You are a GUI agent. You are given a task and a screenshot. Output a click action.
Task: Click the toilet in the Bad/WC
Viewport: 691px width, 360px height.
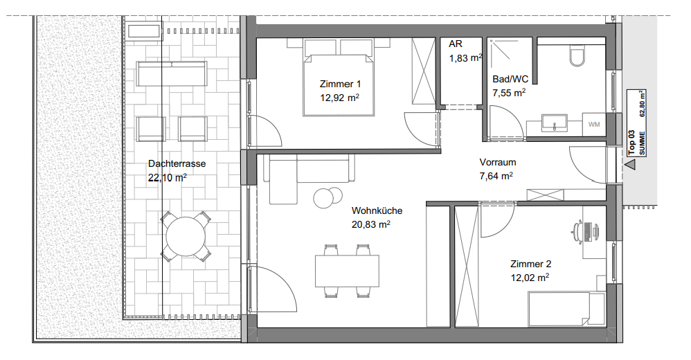click(x=577, y=55)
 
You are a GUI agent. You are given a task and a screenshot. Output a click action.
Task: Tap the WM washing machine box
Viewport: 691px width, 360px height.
click(x=594, y=124)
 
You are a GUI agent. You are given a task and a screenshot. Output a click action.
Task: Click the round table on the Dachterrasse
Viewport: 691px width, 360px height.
click(x=186, y=236)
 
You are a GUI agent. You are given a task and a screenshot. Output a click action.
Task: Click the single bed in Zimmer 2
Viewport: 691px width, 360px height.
click(x=567, y=309)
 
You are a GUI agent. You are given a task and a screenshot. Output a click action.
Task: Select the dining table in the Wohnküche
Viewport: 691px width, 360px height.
click(x=347, y=271)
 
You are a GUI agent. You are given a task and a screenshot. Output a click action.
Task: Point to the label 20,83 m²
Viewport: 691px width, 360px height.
click(x=370, y=224)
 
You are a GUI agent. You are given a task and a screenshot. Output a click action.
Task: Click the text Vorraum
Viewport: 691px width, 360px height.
click(x=498, y=162)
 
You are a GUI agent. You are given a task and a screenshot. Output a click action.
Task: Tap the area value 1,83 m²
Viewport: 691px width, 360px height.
click(x=466, y=57)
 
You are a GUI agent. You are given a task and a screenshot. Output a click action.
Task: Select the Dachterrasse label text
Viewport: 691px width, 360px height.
click(x=177, y=163)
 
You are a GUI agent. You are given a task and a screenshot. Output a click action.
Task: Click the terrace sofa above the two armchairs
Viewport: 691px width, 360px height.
click(x=172, y=73)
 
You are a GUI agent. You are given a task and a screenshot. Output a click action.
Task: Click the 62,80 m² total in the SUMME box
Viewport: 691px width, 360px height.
click(x=642, y=103)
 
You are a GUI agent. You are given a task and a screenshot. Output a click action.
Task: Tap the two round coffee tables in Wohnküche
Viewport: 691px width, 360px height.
click(x=328, y=197)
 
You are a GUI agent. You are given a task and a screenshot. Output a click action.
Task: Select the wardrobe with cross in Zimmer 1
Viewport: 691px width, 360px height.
click(x=423, y=72)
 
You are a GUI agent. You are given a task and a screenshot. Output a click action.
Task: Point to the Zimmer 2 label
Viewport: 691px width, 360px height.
click(x=530, y=264)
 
